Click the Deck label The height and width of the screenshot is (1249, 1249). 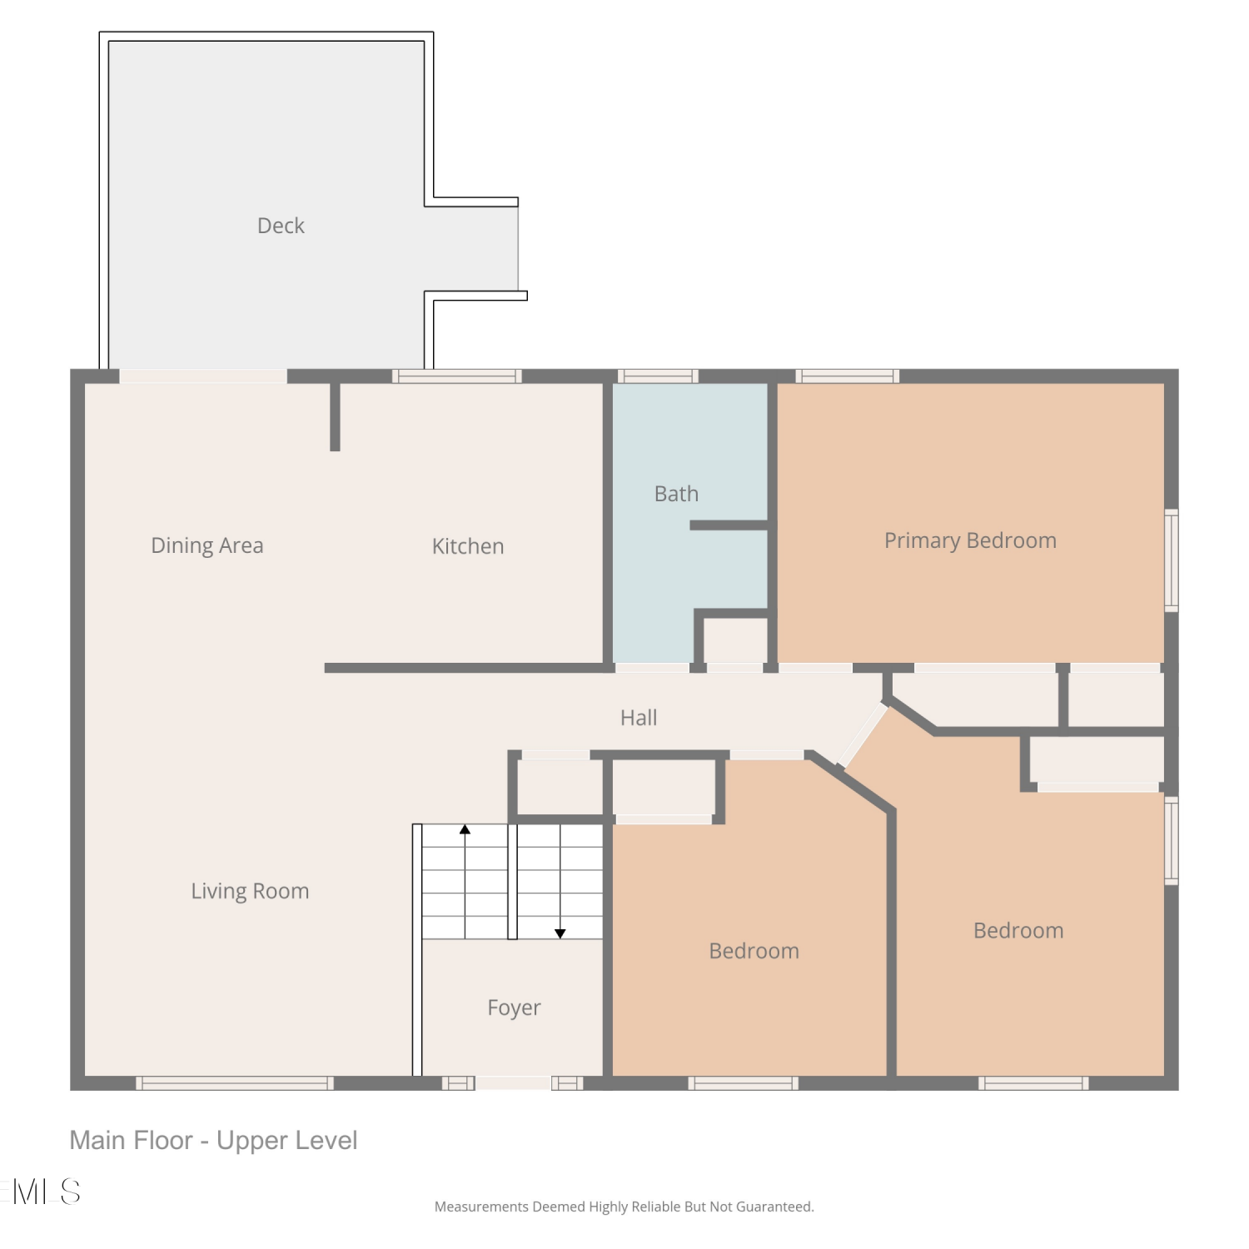point(281,226)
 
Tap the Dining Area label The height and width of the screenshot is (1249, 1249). point(207,545)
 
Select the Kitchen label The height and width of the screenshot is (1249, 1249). point(468,546)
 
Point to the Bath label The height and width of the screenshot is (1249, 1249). point(676,494)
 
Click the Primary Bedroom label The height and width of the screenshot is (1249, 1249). point(970,541)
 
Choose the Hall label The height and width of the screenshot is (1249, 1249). point(639,718)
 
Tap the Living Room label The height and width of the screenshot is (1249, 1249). point(250,891)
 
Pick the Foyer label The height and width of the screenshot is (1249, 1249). point(514,1008)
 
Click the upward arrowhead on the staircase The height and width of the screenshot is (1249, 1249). point(465,829)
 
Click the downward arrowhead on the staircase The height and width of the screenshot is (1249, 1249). point(560,933)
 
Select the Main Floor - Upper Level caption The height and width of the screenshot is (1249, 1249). point(213,1140)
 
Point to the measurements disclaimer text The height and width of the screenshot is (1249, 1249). point(624,1207)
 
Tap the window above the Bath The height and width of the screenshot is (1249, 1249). point(658,376)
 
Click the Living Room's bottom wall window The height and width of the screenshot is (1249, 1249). point(235,1083)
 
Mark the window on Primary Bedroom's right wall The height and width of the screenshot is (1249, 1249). point(1172,560)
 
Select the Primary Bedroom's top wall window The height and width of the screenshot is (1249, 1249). point(848,376)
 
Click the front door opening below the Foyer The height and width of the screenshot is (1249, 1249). point(512,1083)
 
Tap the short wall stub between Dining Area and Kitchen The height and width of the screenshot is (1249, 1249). point(335,416)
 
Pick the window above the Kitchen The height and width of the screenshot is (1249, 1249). point(457,376)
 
